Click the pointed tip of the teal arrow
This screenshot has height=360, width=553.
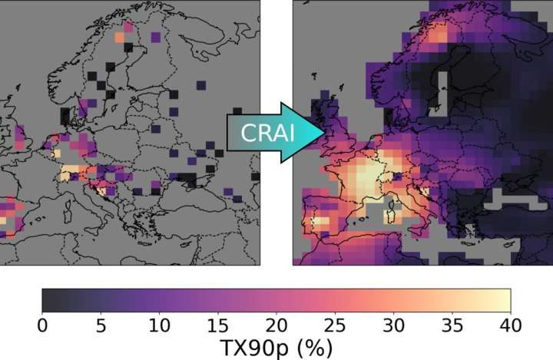[326, 132]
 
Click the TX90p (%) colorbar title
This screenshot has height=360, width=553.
[276, 348]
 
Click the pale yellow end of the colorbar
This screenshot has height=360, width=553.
[504, 300]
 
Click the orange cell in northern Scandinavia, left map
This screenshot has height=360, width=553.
[119, 36]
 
